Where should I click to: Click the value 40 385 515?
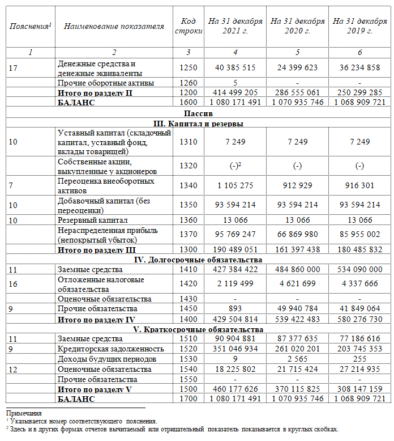click(x=235, y=68)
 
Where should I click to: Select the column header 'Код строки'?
click(x=187, y=26)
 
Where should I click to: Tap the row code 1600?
click(x=187, y=103)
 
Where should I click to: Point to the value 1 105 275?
click(x=235, y=185)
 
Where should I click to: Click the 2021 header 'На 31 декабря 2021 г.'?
click(x=235, y=26)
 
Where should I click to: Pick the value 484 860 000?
click(x=297, y=270)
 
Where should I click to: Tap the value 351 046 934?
click(x=235, y=349)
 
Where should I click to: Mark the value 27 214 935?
click(x=359, y=369)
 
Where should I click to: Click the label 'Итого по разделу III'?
click(x=97, y=250)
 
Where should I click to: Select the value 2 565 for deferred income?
click(x=297, y=359)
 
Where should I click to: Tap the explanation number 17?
click(x=13, y=68)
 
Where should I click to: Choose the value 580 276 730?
click(x=359, y=319)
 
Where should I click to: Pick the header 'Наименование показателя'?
click(x=114, y=26)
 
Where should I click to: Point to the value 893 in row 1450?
click(x=235, y=309)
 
